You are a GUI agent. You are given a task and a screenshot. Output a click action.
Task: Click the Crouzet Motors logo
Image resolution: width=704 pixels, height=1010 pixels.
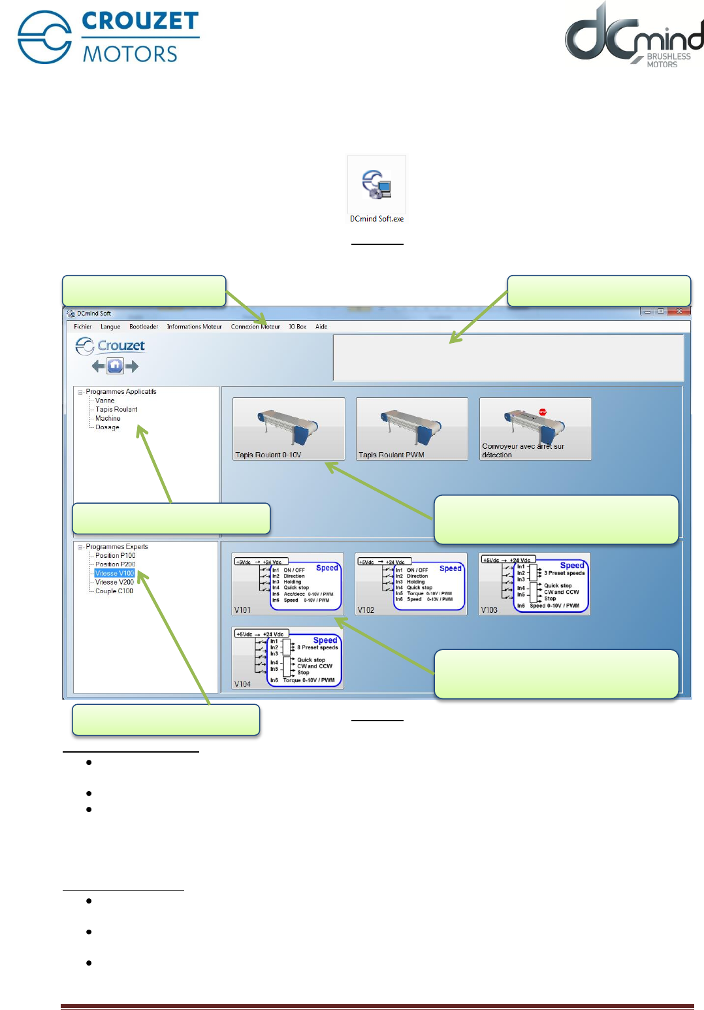tap(108, 37)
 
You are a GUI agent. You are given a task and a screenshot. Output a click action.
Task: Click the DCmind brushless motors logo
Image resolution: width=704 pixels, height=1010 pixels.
tap(633, 36)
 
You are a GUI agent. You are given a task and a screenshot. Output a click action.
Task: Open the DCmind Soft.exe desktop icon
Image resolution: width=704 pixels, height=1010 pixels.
tap(377, 186)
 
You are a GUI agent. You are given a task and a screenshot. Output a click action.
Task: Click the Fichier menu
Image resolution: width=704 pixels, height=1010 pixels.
tap(83, 327)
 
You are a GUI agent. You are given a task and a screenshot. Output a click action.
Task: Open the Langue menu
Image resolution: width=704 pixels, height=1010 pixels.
tap(110, 327)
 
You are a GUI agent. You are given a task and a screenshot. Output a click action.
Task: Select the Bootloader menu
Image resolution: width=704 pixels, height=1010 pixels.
tap(144, 327)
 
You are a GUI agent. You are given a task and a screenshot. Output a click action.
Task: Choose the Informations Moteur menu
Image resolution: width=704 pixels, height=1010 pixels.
tap(194, 327)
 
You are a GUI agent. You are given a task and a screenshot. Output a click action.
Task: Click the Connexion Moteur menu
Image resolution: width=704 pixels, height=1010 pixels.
tap(255, 327)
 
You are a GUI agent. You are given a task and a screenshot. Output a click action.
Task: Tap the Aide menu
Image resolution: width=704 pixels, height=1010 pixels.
tap(321, 327)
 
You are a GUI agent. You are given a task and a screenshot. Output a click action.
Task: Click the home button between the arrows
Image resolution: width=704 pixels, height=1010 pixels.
tap(115, 366)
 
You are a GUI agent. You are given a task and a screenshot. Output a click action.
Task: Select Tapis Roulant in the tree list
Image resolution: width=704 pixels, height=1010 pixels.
tap(116, 410)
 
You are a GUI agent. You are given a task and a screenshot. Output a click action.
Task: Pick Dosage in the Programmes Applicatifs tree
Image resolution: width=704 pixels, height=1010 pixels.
tap(107, 427)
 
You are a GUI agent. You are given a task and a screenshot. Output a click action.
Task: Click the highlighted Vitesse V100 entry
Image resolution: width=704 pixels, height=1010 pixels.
tap(114, 574)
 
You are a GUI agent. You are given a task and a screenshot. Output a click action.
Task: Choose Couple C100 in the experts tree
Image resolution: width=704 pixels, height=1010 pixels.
tap(114, 591)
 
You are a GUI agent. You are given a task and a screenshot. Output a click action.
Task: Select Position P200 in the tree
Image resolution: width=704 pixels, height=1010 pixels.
tap(116, 564)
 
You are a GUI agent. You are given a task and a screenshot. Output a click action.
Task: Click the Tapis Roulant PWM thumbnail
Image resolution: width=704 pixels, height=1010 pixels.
tap(411, 429)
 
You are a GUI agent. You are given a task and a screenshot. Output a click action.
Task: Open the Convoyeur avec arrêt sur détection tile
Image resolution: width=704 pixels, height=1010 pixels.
tap(535, 429)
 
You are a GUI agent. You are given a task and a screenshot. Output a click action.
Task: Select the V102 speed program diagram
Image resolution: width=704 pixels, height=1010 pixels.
tap(411, 585)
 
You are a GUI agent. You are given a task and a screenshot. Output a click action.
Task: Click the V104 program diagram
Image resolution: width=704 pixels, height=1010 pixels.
tap(288, 658)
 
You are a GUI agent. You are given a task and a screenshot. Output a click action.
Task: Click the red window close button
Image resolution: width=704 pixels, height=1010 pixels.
tap(679, 312)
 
